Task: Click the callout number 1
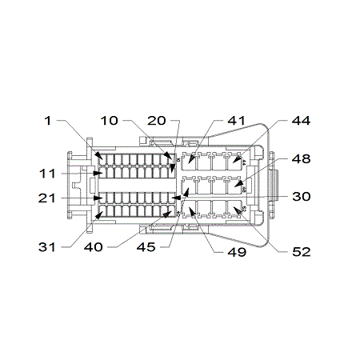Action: click(48, 121)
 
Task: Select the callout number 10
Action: click(110, 121)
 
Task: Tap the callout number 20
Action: click(157, 121)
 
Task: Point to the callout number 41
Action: click(236, 121)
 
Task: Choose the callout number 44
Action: click(301, 121)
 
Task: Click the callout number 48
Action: click(301, 159)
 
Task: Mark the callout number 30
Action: click(302, 197)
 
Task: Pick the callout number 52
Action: click(302, 252)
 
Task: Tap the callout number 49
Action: click(237, 252)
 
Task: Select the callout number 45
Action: click(146, 247)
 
